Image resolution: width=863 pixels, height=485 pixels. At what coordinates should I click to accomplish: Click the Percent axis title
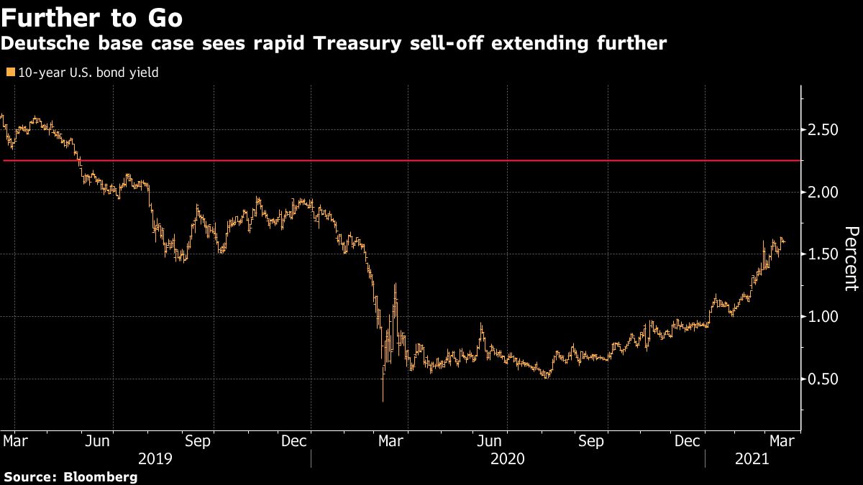851,259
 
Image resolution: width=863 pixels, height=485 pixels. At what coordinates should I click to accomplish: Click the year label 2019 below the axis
155,458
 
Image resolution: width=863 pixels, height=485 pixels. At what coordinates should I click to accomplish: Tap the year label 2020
508,458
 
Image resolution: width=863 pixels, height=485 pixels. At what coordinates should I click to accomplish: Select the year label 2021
752,458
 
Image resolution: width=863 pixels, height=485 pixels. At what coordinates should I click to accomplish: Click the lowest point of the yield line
383,400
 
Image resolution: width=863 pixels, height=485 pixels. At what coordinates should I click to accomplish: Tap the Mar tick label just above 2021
781,440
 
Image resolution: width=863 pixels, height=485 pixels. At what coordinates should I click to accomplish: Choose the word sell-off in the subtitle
466,44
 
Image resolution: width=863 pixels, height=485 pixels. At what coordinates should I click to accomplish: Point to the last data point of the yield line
783,242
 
